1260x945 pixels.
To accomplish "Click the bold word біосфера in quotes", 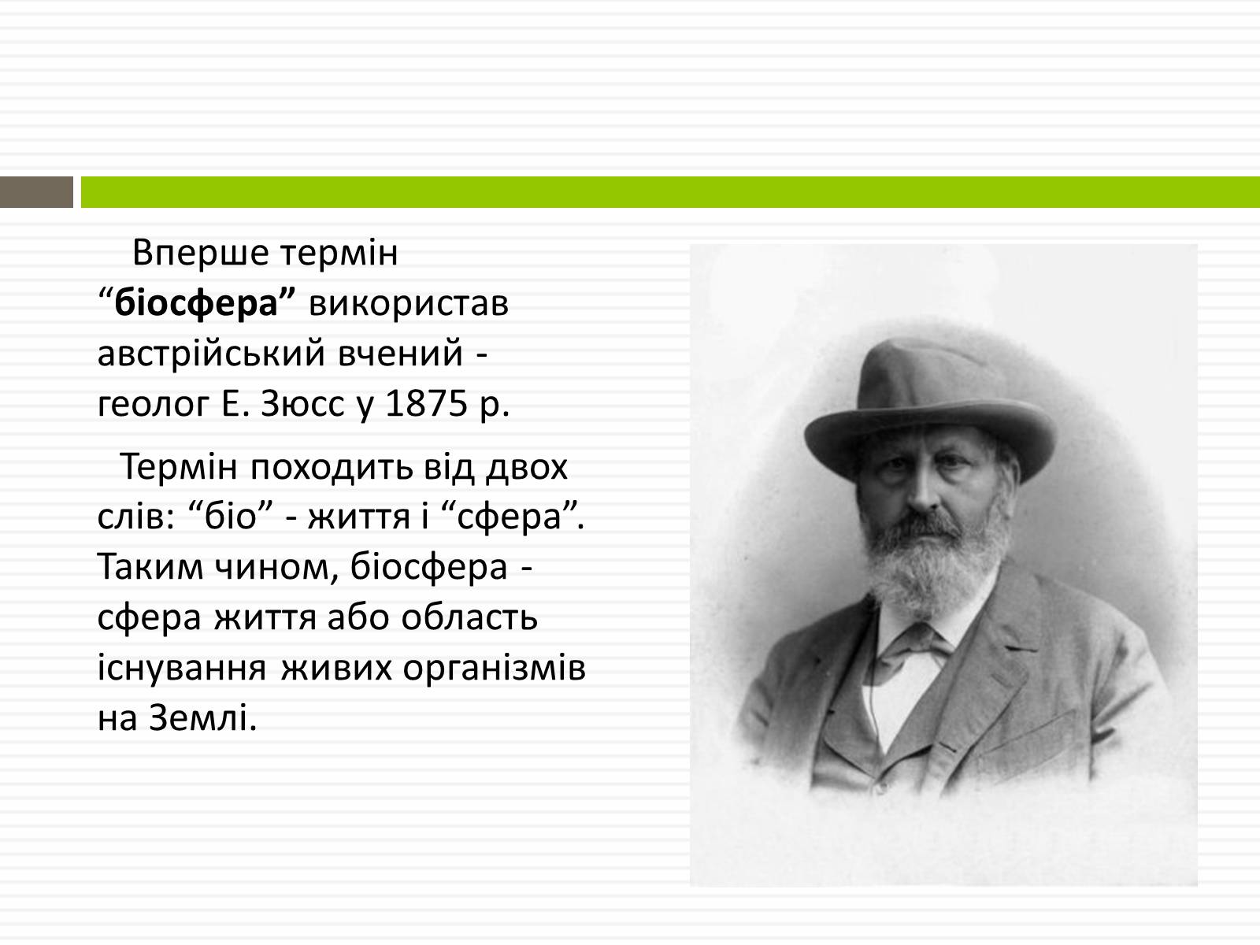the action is (197, 303).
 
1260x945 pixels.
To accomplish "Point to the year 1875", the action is (427, 403).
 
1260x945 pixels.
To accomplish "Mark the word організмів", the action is (494, 669).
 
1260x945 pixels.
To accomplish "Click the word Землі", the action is (202, 717).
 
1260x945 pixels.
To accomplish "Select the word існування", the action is (182, 669).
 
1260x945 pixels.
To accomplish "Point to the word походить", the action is (332, 468).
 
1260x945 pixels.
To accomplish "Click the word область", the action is (469, 617).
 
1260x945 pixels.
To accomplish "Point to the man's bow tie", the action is (913, 647).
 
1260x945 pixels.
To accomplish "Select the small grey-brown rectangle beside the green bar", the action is (36, 192).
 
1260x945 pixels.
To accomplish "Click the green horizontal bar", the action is (670, 192).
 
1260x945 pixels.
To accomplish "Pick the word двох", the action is (527, 468).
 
